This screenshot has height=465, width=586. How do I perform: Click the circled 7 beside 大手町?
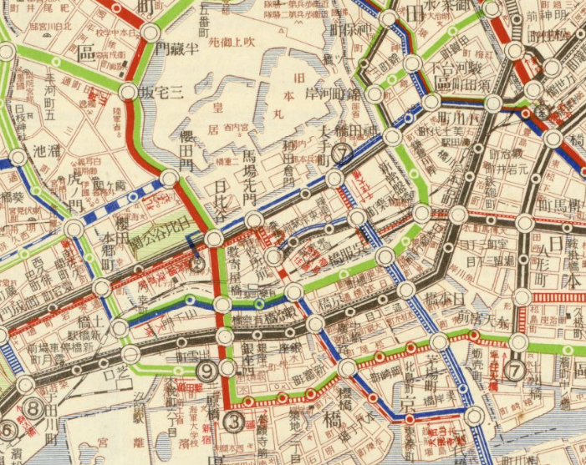click(341, 154)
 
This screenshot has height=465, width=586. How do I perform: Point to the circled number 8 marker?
click(33, 408)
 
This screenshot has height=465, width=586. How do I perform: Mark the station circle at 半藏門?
click(151, 33)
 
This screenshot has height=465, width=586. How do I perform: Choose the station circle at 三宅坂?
click(128, 92)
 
